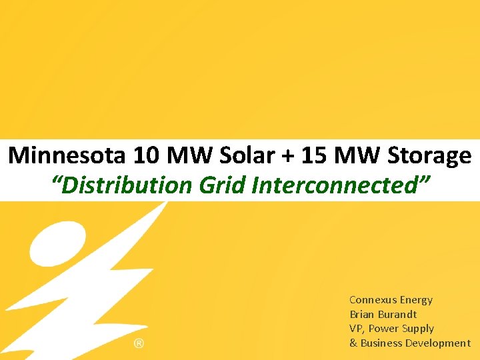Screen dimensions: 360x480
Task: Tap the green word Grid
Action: click(x=223, y=185)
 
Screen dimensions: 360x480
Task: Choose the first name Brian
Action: click(x=362, y=314)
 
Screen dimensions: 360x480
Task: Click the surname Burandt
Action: click(x=398, y=314)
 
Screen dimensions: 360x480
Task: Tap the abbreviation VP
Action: click(x=357, y=329)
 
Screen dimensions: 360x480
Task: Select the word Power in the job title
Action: click(x=382, y=329)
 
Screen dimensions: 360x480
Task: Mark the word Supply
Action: click(x=417, y=329)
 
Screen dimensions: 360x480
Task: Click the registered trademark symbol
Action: click(x=139, y=344)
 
